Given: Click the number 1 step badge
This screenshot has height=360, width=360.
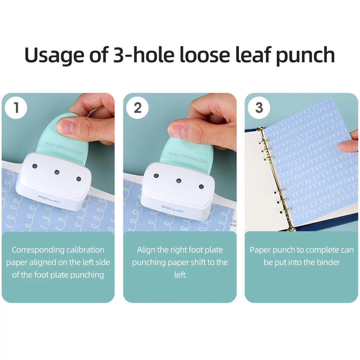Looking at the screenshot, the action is pyautogui.click(x=16, y=107).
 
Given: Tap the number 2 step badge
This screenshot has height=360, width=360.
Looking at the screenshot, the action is pyautogui.click(x=137, y=108).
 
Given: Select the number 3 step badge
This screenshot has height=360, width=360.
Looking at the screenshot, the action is pyautogui.click(x=259, y=108).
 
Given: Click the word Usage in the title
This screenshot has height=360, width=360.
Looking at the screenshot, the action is pyautogui.click(x=55, y=55).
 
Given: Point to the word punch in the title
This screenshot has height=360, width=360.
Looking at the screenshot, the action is pyautogui.click(x=305, y=55).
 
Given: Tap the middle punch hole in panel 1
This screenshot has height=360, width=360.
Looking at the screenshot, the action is pyautogui.click(x=57, y=172).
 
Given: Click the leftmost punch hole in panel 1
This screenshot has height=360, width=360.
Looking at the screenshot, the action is pyautogui.click(x=35, y=166).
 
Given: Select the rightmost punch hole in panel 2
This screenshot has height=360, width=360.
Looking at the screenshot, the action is pyautogui.click(x=201, y=186).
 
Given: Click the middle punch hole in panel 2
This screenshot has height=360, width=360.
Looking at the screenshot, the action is pyautogui.click(x=179, y=181).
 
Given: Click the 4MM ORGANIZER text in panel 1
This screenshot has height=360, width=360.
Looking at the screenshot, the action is pyautogui.click(x=63, y=148).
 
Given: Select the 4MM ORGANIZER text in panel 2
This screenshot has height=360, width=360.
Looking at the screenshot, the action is pyautogui.click(x=187, y=158).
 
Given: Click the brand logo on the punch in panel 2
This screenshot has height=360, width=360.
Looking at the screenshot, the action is pyautogui.click(x=172, y=209).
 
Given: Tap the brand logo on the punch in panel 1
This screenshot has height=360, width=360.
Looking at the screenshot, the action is pyautogui.click(x=49, y=199).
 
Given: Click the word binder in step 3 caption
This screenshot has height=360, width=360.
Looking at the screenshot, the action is pyautogui.click(x=328, y=262).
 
